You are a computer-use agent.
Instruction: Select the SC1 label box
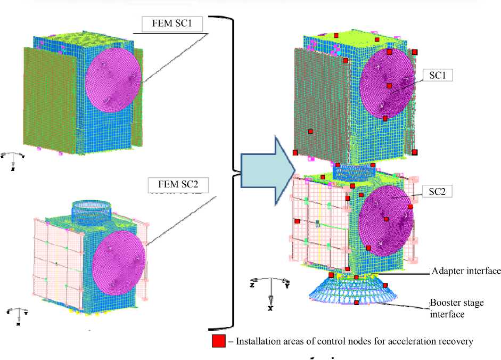point(437,76)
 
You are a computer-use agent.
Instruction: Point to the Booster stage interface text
point(457,308)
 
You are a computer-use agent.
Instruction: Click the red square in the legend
point(218,341)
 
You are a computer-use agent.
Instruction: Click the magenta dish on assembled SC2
point(386,218)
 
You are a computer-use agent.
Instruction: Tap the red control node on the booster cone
point(356,303)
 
